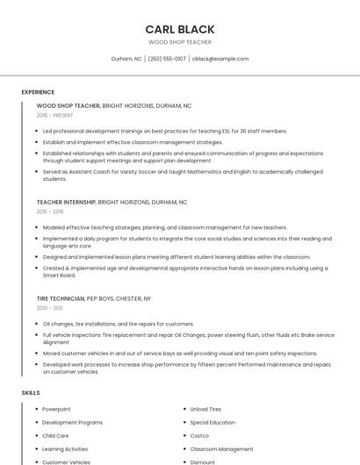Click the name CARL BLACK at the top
[x=180, y=29]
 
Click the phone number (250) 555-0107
[x=167, y=59]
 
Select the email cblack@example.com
[x=220, y=59]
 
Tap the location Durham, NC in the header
[x=126, y=59]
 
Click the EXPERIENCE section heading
[x=38, y=92]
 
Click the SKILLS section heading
[x=31, y=392]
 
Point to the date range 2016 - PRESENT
[x=55, y=115]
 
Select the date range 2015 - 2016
[x=50, y=211]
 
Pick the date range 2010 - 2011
[x=49, y=308]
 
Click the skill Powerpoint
[x=56, y=409]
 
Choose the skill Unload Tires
[x=205, y=409]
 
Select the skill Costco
[x=199, y=435]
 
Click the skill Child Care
[x=55, y=435]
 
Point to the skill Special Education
[x=212, y=422]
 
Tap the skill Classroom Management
[x=221, y=448]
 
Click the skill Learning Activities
[x=65, y=448]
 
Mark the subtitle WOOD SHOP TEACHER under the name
[x=180, y=42]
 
